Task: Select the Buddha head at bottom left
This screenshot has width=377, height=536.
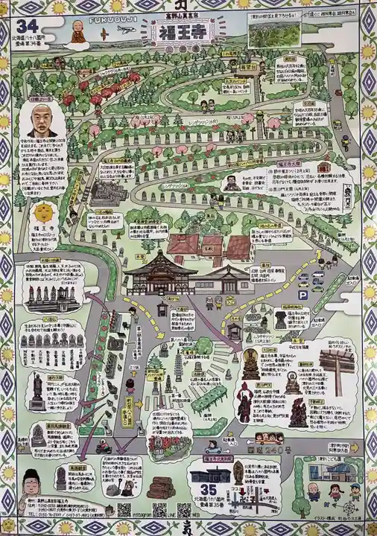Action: pyautogui.click(x=32, y=487)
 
